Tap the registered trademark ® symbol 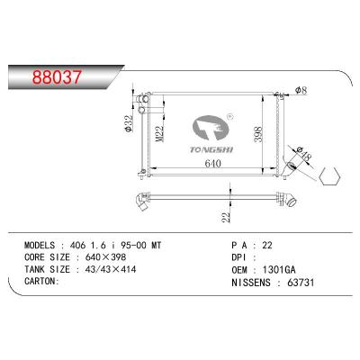click(x=229, y=116)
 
